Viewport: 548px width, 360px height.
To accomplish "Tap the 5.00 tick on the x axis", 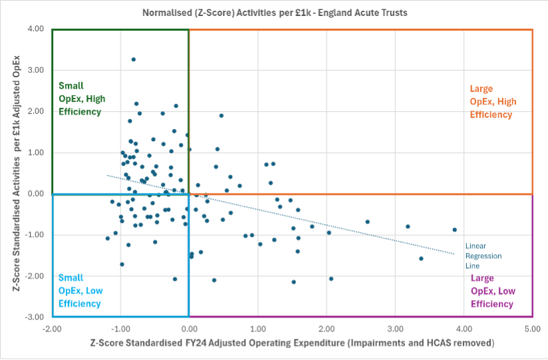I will coord(532,328).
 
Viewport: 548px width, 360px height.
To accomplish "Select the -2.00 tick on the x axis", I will coord(52,328).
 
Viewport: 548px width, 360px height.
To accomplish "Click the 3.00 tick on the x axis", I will coord(395,328).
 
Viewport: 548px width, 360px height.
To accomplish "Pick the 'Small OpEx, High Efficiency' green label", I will coord(81,98).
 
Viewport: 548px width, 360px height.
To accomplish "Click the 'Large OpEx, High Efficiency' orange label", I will coord(493,101).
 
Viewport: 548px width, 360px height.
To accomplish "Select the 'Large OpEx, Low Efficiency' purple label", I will coord(492,291).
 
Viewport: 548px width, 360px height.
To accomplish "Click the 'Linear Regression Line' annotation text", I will coord(483,256).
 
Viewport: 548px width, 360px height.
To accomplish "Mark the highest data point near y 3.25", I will coord(133,59).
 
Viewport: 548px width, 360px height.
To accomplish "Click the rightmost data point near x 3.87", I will coord(455,230).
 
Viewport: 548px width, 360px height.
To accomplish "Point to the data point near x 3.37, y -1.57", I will coord(421,258).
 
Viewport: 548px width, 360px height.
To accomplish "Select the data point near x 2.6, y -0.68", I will coord(367,222).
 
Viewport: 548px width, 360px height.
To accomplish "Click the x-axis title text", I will coord(291,343).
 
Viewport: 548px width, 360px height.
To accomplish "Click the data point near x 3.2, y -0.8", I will coord(408,226).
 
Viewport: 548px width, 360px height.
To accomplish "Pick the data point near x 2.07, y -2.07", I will coord(331,279).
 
